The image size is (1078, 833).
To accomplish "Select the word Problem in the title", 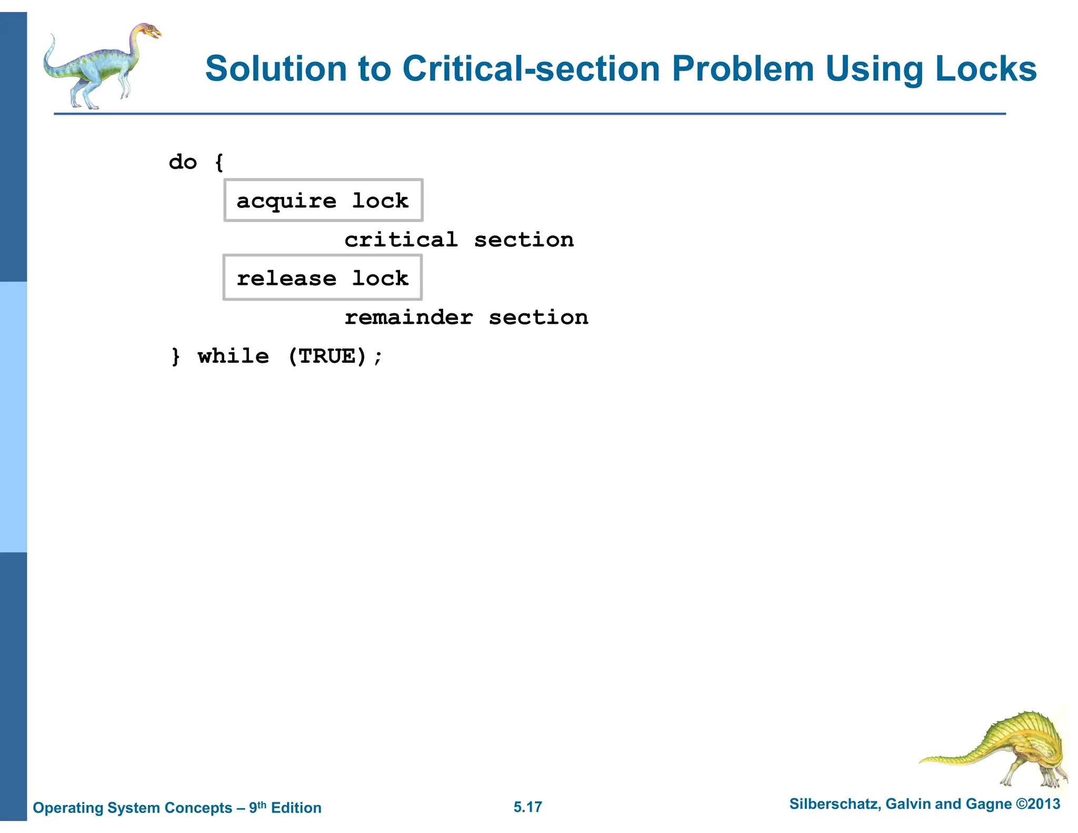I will coord(743,69).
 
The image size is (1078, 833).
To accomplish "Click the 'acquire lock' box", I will coord(323,201).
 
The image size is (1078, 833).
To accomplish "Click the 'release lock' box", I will coord(322,278).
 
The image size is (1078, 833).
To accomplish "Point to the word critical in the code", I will coord(401,240).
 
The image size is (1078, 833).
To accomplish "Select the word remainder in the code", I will coord(409,318).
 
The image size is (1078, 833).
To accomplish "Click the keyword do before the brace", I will coord(183,162).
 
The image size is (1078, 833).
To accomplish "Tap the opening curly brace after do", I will coord(219,162).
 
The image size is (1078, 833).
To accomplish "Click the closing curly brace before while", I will coord(176,356).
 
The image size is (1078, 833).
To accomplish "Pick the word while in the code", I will coord(233,356).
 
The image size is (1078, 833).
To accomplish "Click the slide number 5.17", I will coord(527,807).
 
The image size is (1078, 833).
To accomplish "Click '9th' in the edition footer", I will coord(257,807).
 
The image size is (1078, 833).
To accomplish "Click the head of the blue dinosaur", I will coord(148,31).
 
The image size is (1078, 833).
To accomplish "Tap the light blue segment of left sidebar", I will coord(13,416).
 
